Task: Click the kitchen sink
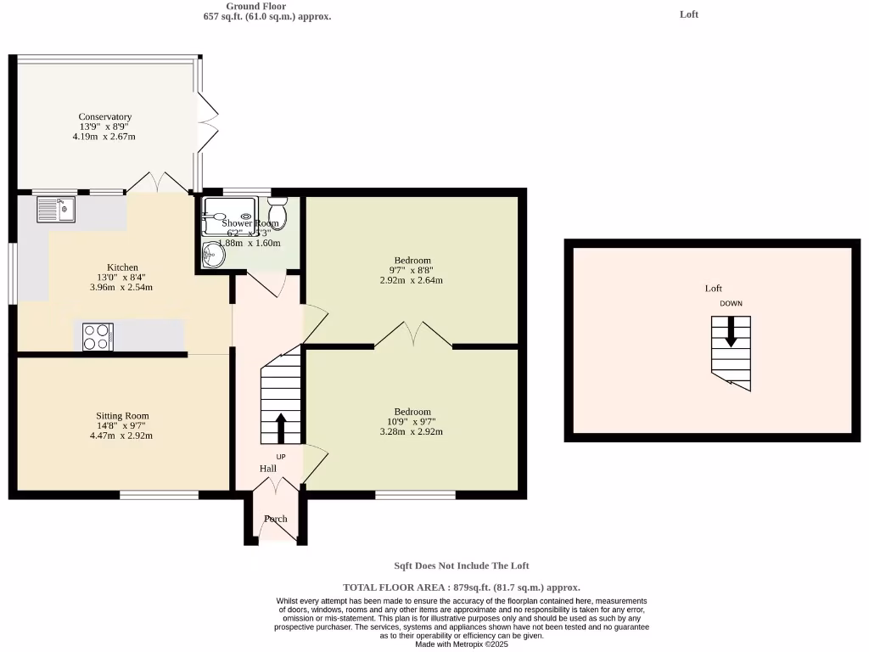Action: (x=56, y=209)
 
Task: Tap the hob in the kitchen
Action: (x=97, y=337)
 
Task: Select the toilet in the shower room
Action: (x=278, y=212)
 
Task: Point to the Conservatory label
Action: (x=105, y=117)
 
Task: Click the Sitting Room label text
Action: (x=122, y=416)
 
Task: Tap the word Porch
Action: (x=275, y=519)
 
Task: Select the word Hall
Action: (x=268, y=469)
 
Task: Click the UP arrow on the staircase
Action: (x=281, y=427)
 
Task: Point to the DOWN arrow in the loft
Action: (x=731, y=333)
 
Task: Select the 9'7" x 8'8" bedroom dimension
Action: (x=412, y=270)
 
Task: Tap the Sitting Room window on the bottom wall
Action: (x=160, y=494)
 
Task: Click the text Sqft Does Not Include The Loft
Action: (x=462, y=565)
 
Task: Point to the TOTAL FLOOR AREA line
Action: (x=462, y=587)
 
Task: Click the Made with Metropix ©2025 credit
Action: (x=462, y=644)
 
